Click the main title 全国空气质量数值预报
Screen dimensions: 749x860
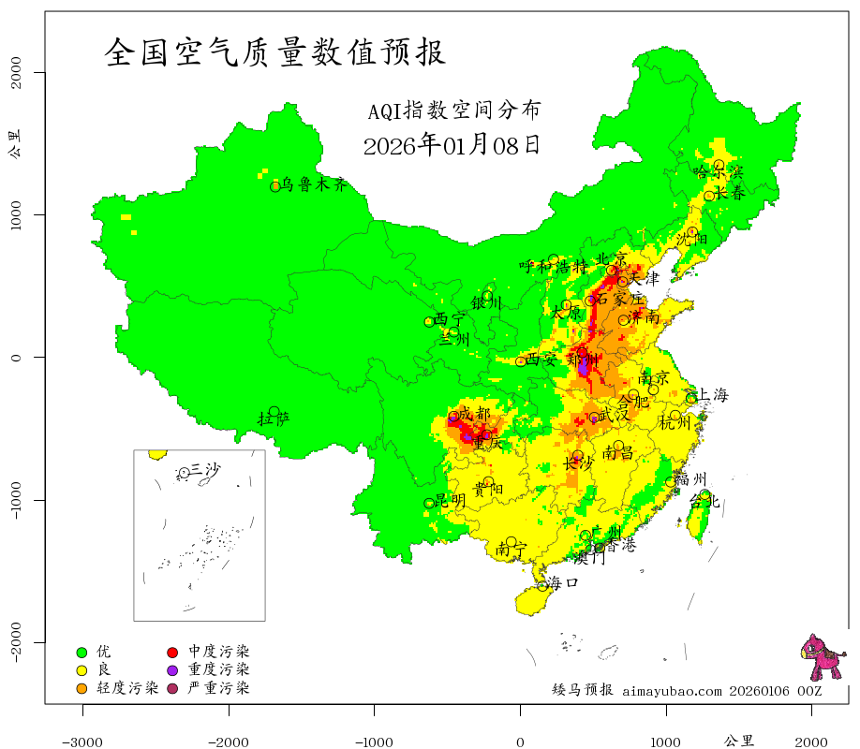pyautogui.click(x=275, y=52)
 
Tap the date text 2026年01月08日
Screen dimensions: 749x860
pyautogui.click(x=451, y=145)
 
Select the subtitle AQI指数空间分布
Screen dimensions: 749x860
pyautogui.click(x=453, y=111)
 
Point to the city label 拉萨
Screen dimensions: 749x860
pyautogui.click(x=274, y=419)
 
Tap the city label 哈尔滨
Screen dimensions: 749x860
pyautogui.click(x=718, y=172)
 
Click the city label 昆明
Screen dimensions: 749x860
pyautogui.click(x=451, y=501)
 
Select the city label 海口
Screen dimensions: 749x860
pyautogui.click(x=562, y=582)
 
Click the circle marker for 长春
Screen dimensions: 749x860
pyautogui.click(x=709, y=196)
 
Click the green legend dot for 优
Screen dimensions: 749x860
pyautogui.click(x=82, y=652)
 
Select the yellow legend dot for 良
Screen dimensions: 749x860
pyautogui.click(x=82, y=670)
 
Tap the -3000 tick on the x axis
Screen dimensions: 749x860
pyautogui.click(x=82, y=741)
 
